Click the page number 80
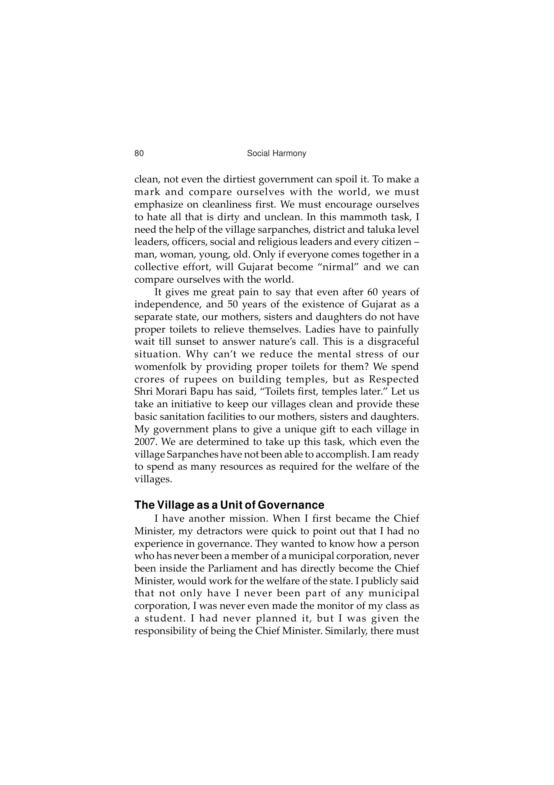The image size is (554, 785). coord(139,153)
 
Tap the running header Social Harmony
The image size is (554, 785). coord(276,153)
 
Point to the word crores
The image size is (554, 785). coord(149,380)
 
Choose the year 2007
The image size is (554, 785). coord(145,442)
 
